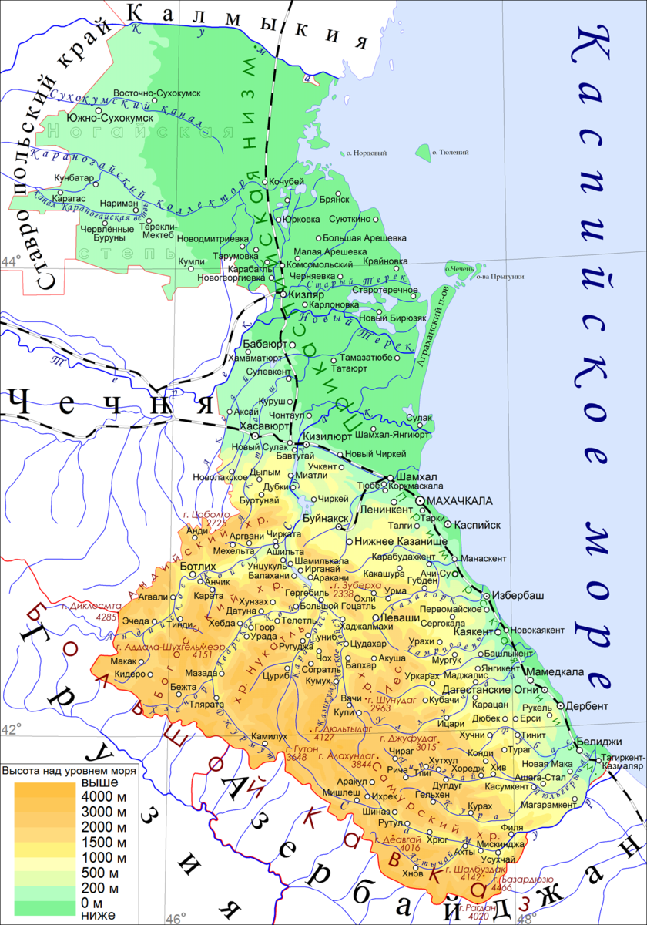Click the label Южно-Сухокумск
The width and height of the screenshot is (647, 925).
(110, 118)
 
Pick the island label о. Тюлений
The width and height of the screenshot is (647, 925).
(454, 153)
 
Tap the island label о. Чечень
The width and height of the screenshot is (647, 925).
(459, 268)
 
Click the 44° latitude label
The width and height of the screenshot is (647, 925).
(10, 261)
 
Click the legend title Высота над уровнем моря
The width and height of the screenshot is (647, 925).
(70, 770)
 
